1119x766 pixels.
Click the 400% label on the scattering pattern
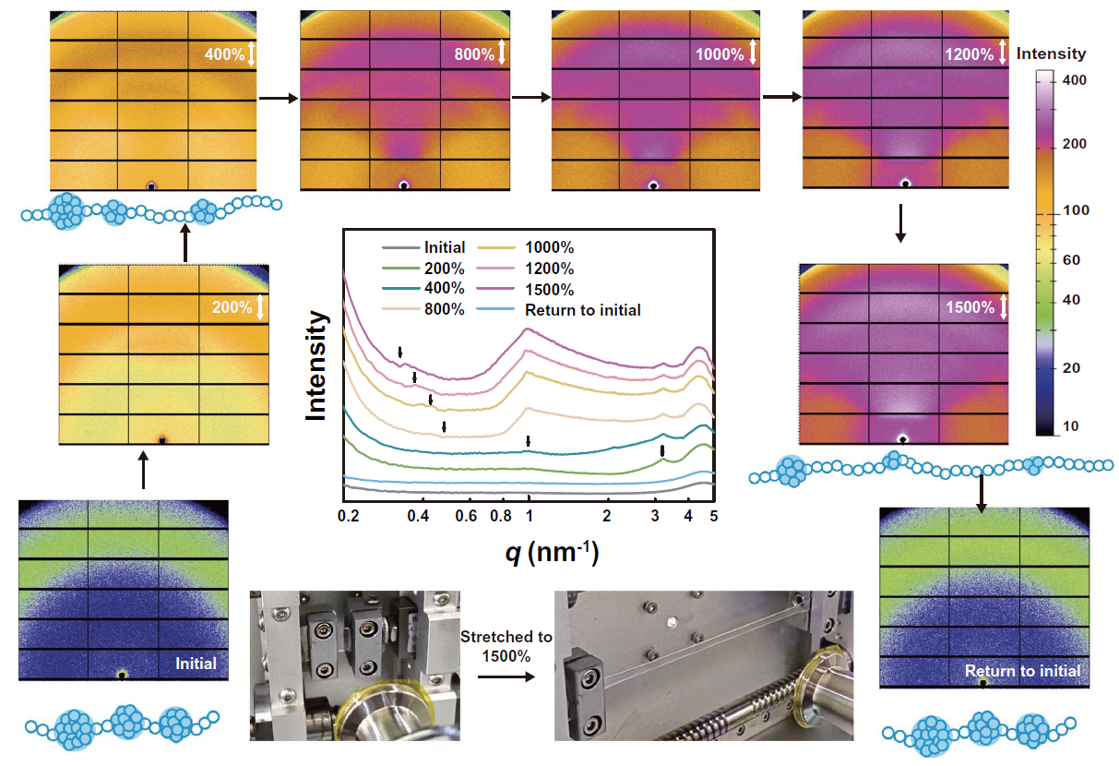click(224, 55)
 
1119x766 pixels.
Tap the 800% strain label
click(474, 54)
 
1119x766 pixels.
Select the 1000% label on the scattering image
click(720, 54)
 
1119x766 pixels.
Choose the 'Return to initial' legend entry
click(582, 310)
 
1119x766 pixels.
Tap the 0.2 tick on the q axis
click(347, 514)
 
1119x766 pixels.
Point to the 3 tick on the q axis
click(655, 514)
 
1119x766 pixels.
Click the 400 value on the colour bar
click(1075, 81)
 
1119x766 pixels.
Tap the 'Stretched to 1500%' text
click(506, 646)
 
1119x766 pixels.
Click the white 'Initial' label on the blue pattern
click(196, 664)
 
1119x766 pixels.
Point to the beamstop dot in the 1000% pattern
click(653, 185)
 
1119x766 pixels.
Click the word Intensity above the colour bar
click(1051, 54)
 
